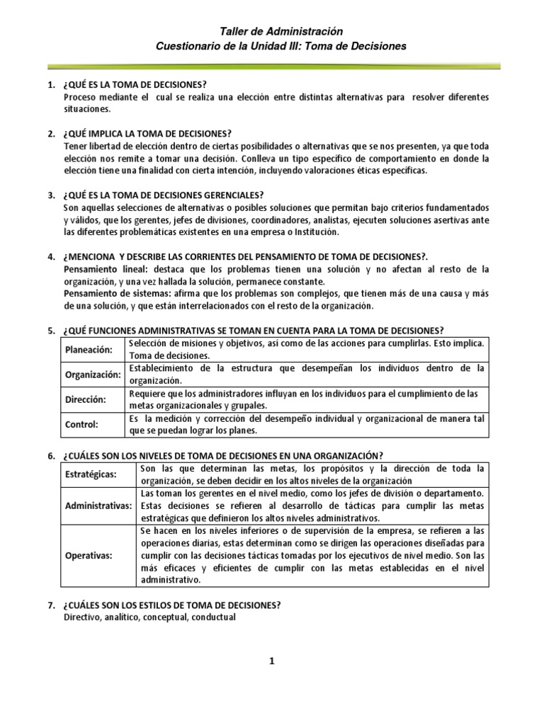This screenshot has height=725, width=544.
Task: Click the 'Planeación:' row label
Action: click(x=89, y=349)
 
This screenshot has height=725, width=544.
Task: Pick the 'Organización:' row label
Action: click(x=93, y=374)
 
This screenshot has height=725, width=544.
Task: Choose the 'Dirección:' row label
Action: click(x=86, y=399)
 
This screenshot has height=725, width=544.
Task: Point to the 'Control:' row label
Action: click(x=81, y=425)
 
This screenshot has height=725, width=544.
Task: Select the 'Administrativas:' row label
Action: click(x=98, y=506)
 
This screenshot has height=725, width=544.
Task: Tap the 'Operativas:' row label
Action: click(x=88, y=556)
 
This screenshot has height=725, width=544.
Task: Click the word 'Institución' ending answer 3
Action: click(x=314, y=232)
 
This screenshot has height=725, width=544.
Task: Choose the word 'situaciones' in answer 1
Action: click(x=87, y=109)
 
